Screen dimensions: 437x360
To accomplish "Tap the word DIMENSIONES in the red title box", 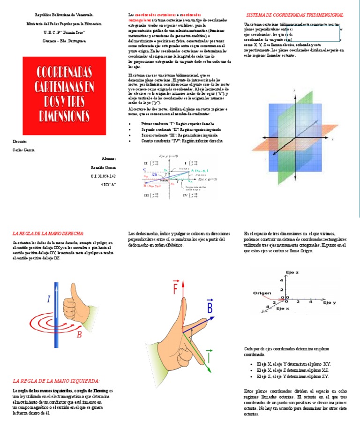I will (64, 115).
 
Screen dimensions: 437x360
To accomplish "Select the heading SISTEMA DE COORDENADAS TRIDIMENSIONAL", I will (294, 15).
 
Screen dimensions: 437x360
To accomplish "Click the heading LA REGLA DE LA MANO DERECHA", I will (48, 233).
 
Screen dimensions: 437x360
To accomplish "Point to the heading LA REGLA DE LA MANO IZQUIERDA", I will (56, 380).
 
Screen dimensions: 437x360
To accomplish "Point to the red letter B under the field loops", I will (79, 334).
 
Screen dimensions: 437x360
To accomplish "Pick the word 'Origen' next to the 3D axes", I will (262, 294).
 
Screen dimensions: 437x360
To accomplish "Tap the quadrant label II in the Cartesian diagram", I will (146, 163).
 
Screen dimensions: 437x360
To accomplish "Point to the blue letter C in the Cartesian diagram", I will (144, 170).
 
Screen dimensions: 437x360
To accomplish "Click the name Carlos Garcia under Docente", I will (23, 150).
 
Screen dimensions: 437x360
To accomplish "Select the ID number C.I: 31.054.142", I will (103, 176).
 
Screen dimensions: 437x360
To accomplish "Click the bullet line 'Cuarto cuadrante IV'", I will (182, 141).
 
